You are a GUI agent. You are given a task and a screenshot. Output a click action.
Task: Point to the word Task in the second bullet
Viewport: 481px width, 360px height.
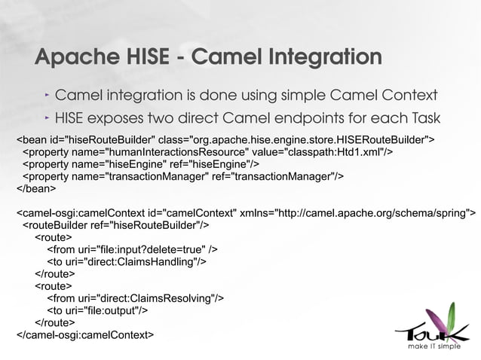coord(422,119)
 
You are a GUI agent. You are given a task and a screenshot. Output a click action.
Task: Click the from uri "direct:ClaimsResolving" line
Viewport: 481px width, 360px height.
coord(135,297)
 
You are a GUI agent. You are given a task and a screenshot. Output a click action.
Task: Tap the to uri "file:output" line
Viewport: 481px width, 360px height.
coord(97,310)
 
